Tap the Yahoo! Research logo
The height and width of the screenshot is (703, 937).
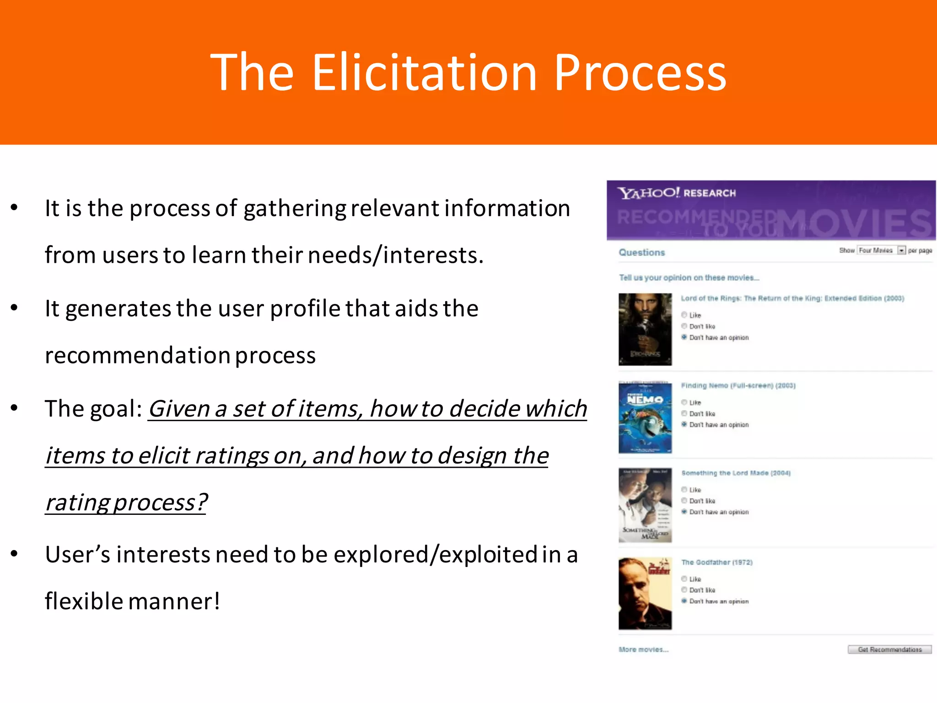coord(676,193)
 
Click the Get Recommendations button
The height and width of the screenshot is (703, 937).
coord(889,649)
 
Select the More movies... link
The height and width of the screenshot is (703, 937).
coord(643,649)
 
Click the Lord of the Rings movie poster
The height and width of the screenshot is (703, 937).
coord(645,329)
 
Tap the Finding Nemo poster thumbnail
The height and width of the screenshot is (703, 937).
coord(645,417)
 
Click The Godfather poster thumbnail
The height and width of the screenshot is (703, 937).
coord(645,593)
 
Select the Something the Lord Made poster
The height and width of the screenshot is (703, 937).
coord(645,505)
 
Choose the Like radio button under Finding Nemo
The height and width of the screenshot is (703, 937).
coord(684,402)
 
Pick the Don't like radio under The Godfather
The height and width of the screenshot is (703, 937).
coord(684,590)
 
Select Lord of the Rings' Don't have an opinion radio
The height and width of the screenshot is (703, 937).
coord(684,337)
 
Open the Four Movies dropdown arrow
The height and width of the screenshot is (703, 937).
coord(901,250)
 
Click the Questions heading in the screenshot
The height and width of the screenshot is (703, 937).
coord(641,252)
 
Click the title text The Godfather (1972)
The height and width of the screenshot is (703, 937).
coord(716,562)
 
